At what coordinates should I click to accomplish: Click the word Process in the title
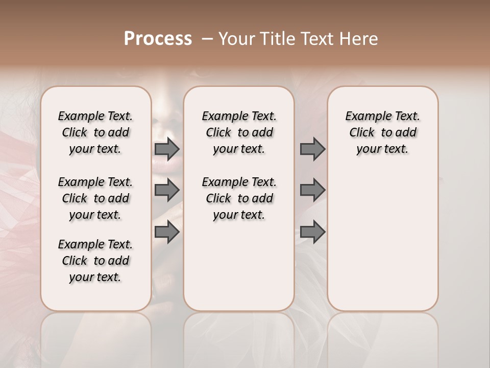tap(158, 39)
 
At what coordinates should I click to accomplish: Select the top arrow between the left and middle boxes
tap(167, 149)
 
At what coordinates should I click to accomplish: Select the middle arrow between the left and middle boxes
tap(167, 190)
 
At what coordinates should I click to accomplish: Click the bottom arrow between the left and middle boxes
tap(167, 232)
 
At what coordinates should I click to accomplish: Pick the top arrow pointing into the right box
tap(312, 149)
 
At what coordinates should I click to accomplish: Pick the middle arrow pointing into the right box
tap(312, 190)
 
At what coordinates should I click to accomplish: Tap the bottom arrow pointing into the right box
tap(312, 232)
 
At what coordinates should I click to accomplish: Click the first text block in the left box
tap(95, 132)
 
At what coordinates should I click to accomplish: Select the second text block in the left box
tap(95, 198)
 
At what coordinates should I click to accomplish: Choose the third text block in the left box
tap(95, 261)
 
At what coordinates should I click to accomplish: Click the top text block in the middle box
tap(239, 132)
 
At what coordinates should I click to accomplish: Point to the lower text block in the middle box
tap(239, 198)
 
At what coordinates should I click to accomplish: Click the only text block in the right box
tap(382, 132)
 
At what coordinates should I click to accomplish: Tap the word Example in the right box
tap(364, 117)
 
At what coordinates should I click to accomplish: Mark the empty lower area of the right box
tap(382, 240)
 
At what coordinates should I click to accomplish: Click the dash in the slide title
tap(207, 39)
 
